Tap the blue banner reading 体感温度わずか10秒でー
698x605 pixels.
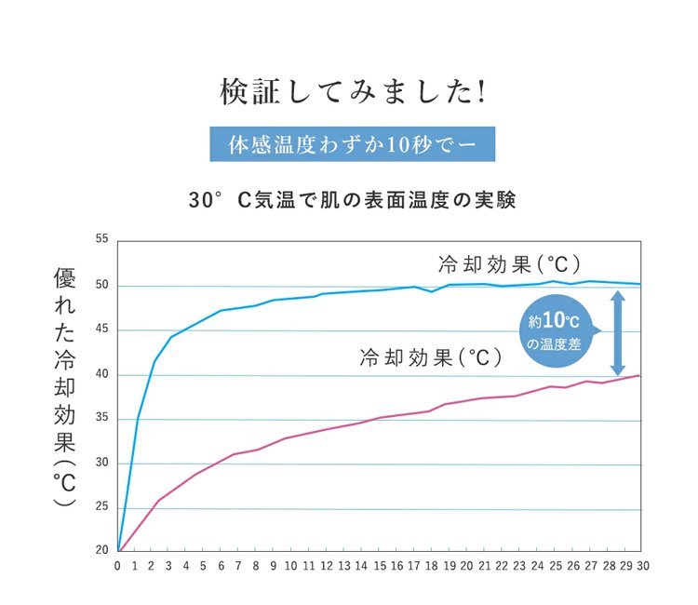tap(351, 145)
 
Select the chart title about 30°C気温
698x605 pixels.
tap(352, 200)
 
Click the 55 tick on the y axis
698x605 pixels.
tap(101, 240)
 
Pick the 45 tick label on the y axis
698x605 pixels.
tap(101, 329)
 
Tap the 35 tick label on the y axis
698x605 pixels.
tap(101, 419)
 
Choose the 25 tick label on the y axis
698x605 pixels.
tap(101, 507)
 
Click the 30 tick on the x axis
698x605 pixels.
tap(640, 565)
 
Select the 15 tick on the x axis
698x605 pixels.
tap(379, 565)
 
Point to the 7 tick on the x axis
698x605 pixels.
tap(238, 565)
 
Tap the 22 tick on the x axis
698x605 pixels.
tap(501, 565)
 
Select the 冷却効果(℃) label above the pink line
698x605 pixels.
tap(431, 356)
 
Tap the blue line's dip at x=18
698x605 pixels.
tap(432, 291)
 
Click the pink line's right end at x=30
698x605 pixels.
tap(639, 375)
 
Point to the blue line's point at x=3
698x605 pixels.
tap(171, 337)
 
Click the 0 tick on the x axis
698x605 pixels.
tap(118, 565)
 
